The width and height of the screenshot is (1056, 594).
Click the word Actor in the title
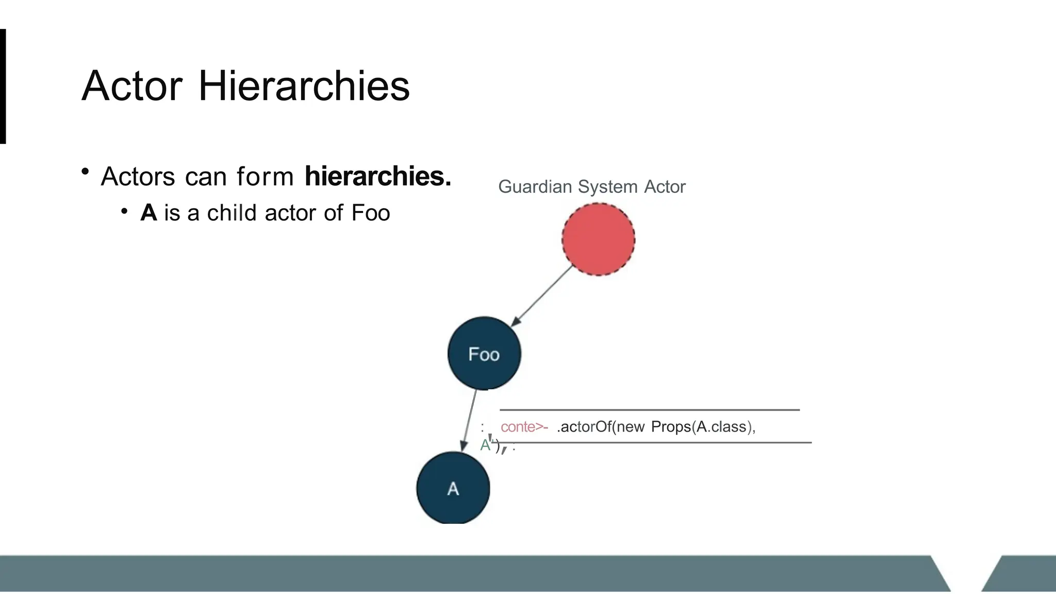132,86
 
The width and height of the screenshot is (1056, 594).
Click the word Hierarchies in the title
304,86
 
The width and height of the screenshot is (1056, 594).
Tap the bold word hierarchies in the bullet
377,176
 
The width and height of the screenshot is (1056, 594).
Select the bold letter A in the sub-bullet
148,213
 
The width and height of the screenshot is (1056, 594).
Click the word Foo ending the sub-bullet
370,213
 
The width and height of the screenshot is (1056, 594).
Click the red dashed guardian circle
598,239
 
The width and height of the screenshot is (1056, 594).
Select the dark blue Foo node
484,354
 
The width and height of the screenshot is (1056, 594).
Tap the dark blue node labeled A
453,488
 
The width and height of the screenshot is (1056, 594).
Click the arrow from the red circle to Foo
542,295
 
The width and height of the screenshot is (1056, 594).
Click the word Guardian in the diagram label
535,187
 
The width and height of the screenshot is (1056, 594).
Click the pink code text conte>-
524,427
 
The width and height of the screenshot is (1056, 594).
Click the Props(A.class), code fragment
703,427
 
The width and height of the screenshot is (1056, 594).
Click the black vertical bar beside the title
3,86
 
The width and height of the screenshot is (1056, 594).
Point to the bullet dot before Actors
86,171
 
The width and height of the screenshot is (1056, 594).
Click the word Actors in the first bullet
138,177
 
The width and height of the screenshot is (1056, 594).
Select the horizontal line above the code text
650,410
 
